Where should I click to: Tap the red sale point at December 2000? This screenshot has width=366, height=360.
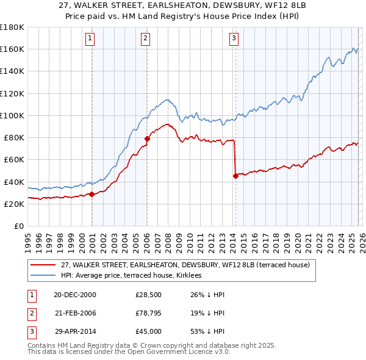click(x=91, y=195)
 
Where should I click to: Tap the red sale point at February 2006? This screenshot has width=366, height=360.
click(x=147, y=139)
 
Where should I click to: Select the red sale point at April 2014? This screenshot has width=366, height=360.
click(x=235, y=176)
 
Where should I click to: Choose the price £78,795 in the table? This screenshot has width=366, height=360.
click(x=149, y=313)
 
